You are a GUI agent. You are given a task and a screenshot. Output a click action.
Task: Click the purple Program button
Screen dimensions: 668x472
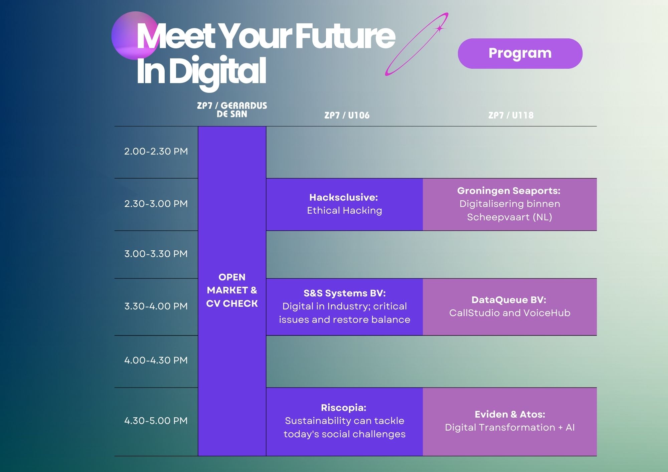[520, 53]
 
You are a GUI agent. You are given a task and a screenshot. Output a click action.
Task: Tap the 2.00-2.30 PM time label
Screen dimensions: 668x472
[156, 151]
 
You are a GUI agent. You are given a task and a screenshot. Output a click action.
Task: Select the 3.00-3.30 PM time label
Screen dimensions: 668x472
[156, 254]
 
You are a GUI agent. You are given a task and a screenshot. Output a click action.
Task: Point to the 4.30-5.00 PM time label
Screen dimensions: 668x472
[156, 421]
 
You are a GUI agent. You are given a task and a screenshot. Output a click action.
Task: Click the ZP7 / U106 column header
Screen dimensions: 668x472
[347, 115]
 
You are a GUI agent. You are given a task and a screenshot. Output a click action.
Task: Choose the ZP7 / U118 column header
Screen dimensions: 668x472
[511, 115]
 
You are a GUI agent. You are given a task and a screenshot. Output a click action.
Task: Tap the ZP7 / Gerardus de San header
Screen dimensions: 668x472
[232, 110]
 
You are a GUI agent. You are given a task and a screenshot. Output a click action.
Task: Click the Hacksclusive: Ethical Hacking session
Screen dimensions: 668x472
[344, 204]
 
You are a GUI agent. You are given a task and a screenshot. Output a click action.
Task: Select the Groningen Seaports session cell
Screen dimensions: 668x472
[510, 204]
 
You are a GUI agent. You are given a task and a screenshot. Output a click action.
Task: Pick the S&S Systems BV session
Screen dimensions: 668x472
[344, 307]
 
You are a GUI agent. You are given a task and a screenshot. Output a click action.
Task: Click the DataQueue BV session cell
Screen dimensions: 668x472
[510, 307]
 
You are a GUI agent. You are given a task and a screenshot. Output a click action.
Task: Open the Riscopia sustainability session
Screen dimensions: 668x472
[344, 422]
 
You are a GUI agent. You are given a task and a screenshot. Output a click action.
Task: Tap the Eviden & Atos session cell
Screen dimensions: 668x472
[510, 422]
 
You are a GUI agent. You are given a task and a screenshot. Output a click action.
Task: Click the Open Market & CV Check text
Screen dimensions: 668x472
[232, 290]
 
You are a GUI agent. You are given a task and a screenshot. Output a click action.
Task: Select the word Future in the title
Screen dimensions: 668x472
[345, 36]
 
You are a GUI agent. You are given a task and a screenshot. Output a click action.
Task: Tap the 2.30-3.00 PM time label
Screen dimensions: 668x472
[156, 204]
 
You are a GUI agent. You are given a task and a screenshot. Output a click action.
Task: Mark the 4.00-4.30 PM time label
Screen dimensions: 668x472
[156, 360]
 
